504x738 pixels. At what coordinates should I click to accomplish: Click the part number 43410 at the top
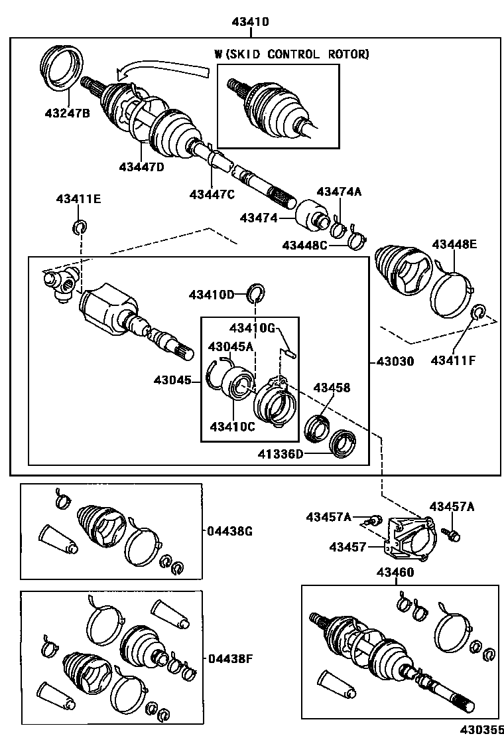[250, 23]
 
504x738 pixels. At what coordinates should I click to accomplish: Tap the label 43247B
[67, 113]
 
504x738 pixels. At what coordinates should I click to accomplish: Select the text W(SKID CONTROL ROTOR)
[291, 54]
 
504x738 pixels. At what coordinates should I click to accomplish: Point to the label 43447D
[142, 166]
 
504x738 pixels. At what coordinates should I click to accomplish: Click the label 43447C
[212, 194]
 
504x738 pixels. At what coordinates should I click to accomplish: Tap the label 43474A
[338, 192]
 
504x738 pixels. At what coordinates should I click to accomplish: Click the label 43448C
[304, 246]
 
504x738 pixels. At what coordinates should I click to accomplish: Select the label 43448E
[454, 244]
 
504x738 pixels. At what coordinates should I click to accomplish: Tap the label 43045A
[231, 346]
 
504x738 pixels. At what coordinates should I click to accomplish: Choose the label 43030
[395, 362]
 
